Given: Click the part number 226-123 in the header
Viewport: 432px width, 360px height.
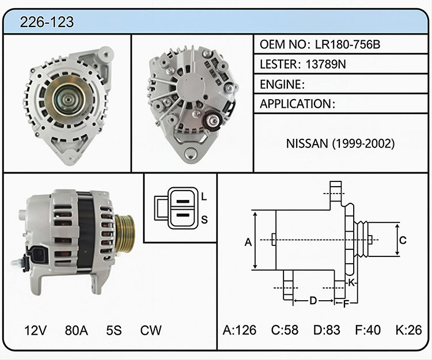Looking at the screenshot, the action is [47, 22].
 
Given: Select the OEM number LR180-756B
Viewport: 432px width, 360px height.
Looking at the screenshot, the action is [347, 44].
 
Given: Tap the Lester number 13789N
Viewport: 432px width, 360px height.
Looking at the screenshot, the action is [325, 64].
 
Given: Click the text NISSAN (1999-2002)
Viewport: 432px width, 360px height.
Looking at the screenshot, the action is [340, 143].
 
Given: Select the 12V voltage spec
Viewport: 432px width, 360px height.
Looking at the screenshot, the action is [36, 330].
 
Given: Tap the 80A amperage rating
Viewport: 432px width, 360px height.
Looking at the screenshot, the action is [76, 330].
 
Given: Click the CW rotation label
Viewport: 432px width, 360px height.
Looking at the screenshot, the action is [151, 330].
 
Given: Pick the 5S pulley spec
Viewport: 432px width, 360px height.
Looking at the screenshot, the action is [114, 330].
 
